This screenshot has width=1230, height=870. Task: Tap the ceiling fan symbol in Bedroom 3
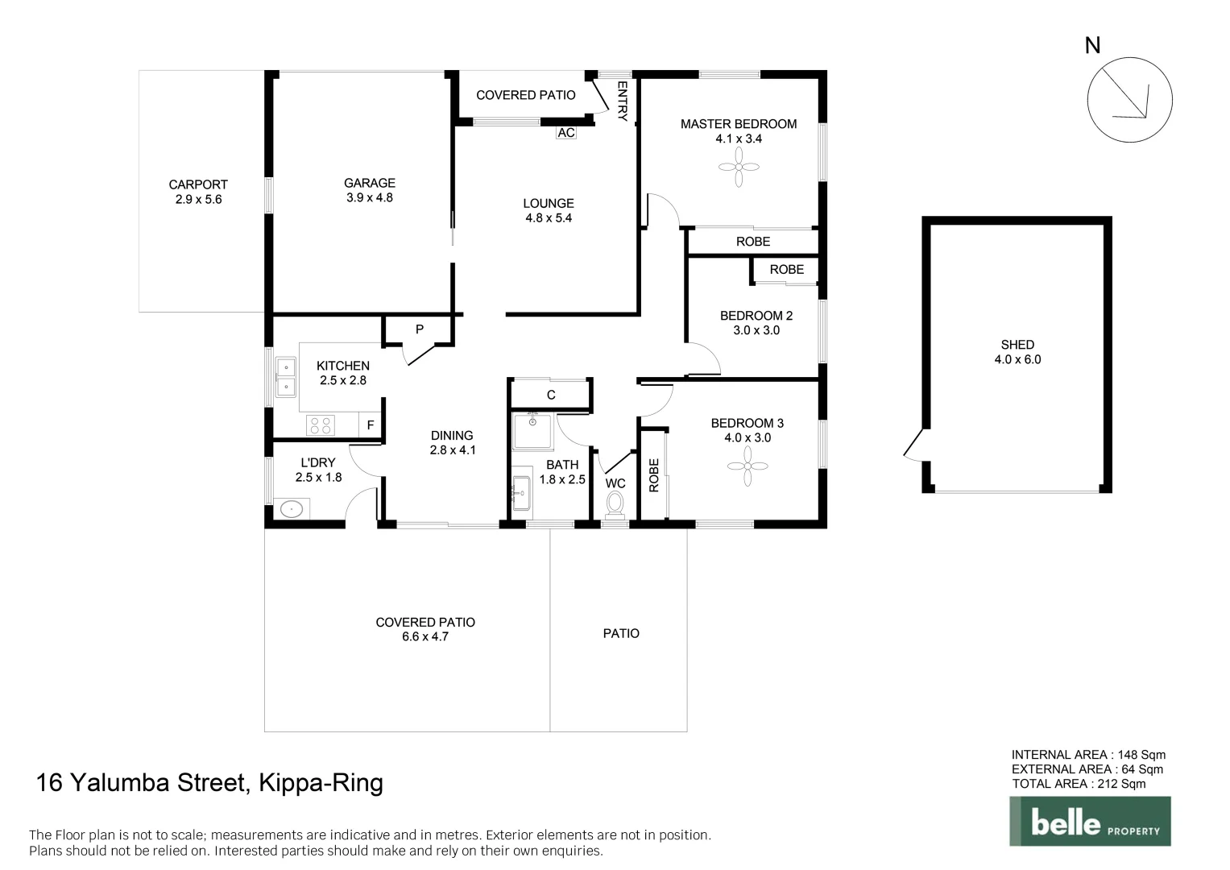coord(747,466)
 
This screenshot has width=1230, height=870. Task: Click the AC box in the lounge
coord(566,132)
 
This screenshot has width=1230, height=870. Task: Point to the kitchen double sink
coord(286,377)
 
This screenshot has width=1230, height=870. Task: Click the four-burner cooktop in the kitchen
coord(320,425)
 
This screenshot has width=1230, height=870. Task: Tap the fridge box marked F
coord(371,425)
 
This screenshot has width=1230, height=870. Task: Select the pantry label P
coord(419,329)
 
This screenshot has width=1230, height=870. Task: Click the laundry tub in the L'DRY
coord(291,508)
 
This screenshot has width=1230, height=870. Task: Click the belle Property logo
coord(1090,821)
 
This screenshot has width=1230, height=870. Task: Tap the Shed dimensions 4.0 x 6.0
coord(1017,359)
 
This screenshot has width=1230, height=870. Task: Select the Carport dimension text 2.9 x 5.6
coord(198,199)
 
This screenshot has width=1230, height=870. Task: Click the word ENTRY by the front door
coord(622,101)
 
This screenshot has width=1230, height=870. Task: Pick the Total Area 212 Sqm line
coord(1079,784)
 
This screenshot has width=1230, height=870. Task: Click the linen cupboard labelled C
coord(551,395)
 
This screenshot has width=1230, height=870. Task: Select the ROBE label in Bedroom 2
coord(786,270)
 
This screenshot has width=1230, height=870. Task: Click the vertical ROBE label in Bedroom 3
coord(654,475)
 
